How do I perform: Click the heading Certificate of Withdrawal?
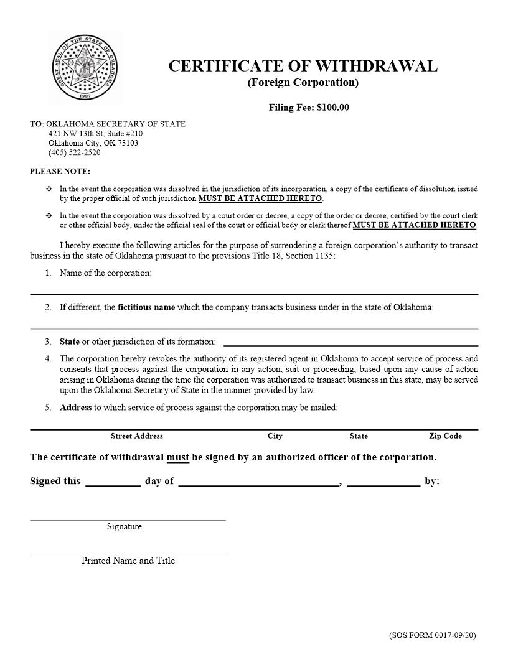tap(303, 66)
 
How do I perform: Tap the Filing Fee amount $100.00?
tap(332, 108)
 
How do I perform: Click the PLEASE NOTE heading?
tap(60, 171)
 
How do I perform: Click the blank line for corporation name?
tap(254, 289)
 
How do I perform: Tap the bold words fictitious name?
tap(146, 307)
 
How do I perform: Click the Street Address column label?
tap(137, 436)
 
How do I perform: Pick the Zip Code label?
tap(445, 436)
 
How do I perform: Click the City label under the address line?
tap(275, 436)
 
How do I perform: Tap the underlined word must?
tap(177, 457)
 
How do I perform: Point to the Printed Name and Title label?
tap(128, 561)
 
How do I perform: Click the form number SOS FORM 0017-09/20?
tap(432, 635)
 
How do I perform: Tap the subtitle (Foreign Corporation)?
tap(303, 83)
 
